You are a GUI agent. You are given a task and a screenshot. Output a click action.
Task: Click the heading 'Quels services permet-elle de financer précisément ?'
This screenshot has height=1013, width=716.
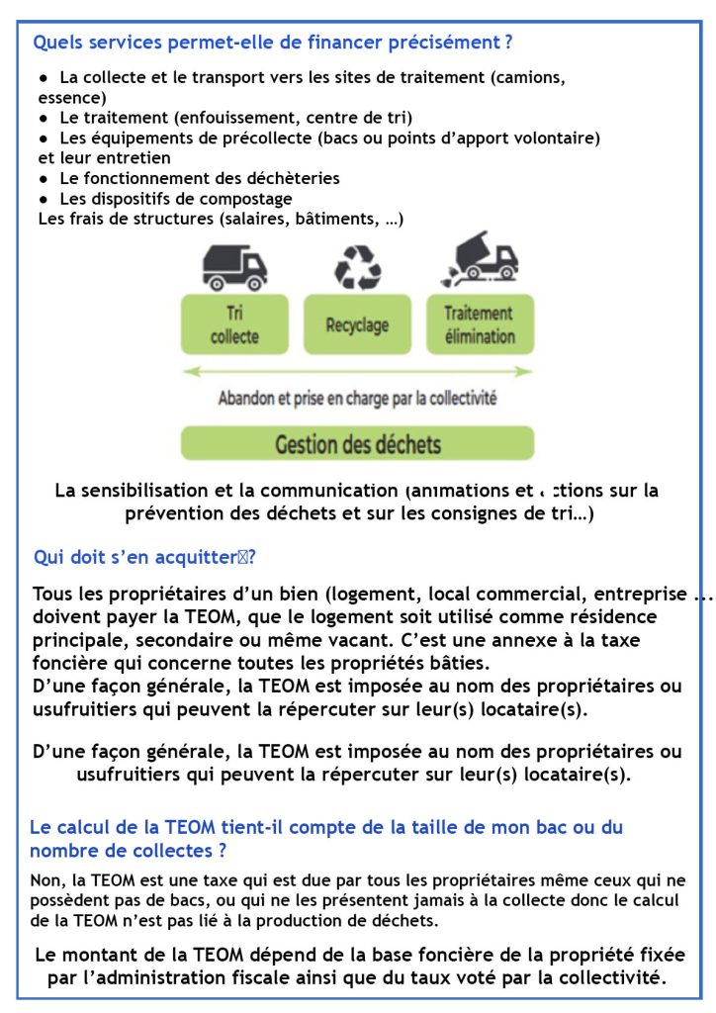272,43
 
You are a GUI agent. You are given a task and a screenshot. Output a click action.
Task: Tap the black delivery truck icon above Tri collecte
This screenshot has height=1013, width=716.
234,265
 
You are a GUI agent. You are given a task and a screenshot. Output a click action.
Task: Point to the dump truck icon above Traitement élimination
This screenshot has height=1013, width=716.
481,260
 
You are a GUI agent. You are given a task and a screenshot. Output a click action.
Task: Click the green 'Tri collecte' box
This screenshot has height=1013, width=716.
234,324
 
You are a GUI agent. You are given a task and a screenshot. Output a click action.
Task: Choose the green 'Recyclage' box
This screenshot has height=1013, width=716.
357,324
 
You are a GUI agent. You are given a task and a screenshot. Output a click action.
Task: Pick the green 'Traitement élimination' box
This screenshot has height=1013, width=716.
480,324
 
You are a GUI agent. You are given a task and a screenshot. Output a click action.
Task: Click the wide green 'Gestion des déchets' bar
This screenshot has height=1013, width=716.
357,443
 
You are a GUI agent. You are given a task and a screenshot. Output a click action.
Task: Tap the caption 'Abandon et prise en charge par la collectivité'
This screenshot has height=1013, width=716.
357,400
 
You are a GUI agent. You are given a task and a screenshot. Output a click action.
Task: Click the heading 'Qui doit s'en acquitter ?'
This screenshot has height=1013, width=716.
144,557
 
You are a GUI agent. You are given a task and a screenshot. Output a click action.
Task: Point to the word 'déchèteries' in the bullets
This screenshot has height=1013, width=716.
293,178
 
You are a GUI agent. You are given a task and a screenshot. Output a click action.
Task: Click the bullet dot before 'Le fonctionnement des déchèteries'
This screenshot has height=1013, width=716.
44,179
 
